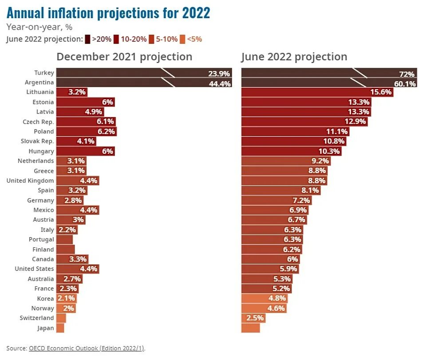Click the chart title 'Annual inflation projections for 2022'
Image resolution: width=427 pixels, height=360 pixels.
point(108,13)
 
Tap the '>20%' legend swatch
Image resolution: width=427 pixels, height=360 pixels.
point(88,39)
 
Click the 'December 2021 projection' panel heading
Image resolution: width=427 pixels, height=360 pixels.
point(124,57)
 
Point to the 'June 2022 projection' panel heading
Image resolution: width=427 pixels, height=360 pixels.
point(294,57)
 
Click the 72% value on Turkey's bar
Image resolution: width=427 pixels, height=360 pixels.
point(406,73)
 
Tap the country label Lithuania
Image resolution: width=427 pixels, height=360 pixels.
point(40,92)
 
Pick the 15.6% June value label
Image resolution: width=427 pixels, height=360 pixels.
point(381,92)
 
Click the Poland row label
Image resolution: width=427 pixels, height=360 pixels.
point(43,132)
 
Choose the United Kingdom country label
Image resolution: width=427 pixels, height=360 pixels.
point(30,180)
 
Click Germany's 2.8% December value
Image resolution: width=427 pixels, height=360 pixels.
point(73,200)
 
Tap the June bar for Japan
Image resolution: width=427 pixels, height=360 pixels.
point(250,328)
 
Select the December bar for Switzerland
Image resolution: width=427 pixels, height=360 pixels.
point(61,318)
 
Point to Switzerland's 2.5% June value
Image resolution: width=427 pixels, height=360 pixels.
point(255,318)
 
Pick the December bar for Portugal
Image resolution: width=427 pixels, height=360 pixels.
point(64,239)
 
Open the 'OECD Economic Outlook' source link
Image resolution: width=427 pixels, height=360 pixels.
point(87,348)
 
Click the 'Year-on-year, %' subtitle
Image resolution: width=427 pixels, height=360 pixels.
point(39,27)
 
